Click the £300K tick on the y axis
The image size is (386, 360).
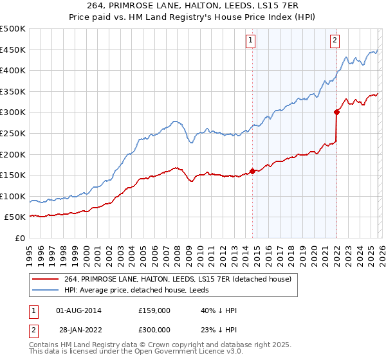(13, 113)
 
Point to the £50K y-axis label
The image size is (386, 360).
(15, 217)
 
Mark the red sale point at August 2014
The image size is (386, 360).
(252, 171)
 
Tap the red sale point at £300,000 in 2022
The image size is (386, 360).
(336, 112)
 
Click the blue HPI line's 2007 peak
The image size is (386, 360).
(174, 120)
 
